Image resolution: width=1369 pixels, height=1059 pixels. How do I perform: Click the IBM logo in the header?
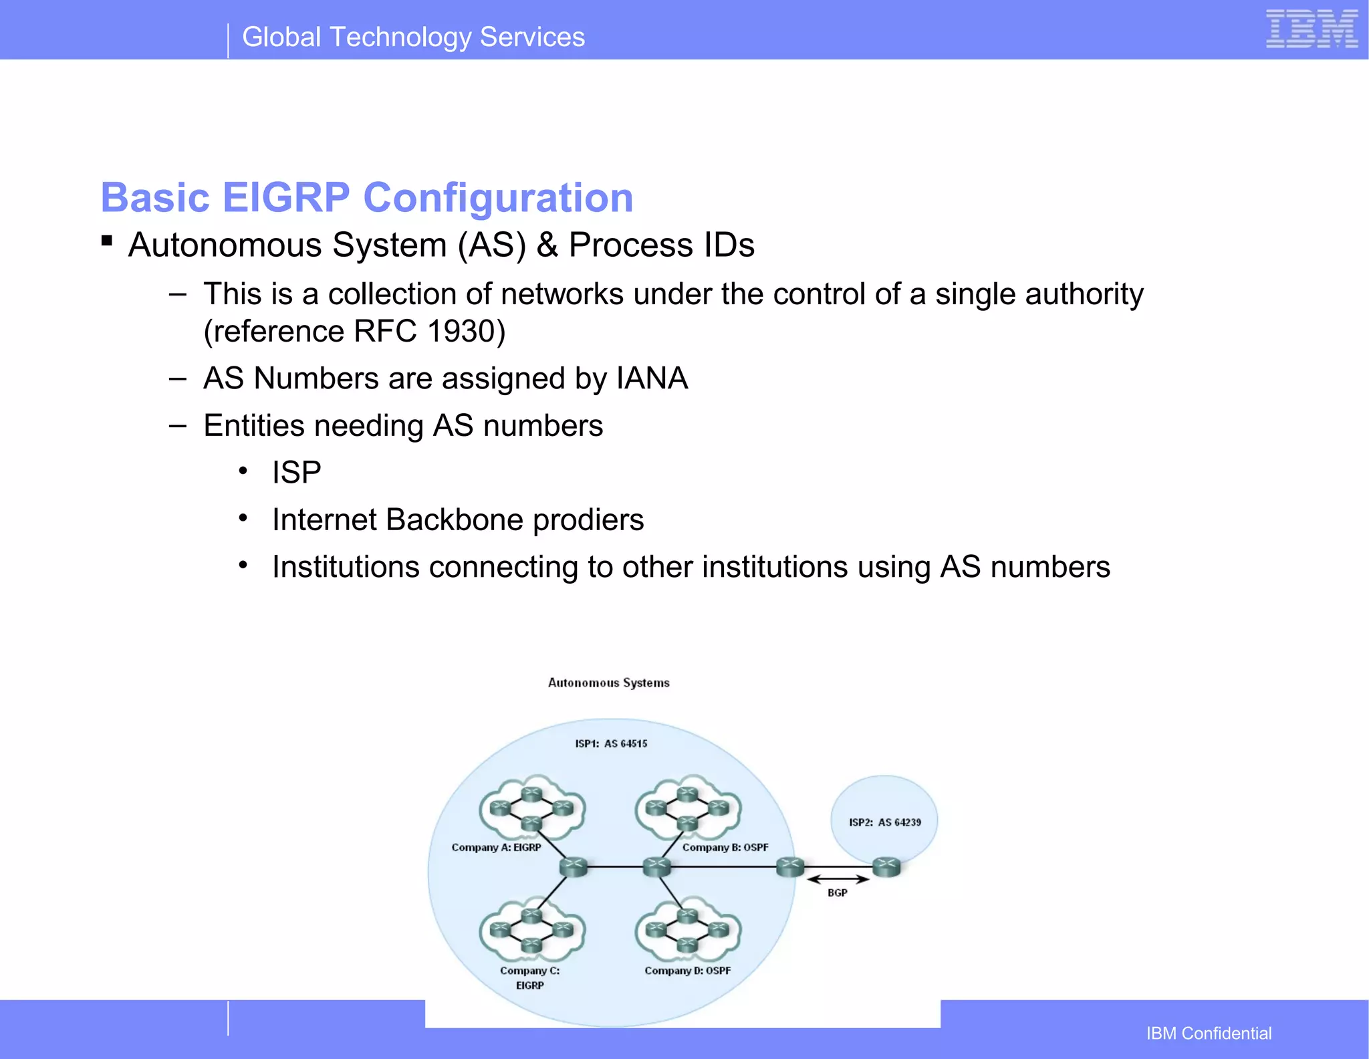1312,29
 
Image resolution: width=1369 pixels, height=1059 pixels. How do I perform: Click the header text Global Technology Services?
413,37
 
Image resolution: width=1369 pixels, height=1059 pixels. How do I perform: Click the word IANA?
652,378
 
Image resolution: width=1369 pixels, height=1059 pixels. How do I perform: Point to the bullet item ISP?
296,473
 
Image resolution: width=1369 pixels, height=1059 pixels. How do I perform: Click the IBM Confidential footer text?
1208,1033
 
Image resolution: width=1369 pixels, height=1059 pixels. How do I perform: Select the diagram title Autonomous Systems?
608,683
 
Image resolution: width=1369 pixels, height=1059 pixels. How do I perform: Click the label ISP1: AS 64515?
611,743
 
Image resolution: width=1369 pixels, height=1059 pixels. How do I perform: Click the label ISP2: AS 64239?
884,822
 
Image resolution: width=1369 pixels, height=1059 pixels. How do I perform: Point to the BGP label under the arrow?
837,893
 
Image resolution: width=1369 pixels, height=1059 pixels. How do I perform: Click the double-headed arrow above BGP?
837,879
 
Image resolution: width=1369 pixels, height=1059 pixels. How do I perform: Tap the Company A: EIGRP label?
496,847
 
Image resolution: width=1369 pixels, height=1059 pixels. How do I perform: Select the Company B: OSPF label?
725,847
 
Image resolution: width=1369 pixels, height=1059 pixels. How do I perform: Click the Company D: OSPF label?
687,970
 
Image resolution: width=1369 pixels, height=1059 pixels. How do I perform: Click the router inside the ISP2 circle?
886,867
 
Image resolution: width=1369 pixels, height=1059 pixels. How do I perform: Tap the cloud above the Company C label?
531,930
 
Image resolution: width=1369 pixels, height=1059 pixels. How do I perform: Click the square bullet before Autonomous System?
106,240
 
